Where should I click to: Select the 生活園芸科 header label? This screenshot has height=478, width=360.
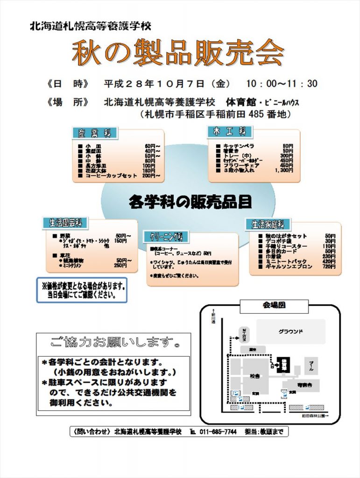66,223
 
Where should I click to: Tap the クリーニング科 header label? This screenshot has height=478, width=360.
166,237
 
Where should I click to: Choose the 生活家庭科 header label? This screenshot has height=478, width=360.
268,224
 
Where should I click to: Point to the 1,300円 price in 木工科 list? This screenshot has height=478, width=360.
284,171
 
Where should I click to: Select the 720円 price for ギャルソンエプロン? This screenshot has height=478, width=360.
329,267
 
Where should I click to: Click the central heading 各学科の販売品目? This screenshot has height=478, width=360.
190,202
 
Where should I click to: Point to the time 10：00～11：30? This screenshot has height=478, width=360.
282,84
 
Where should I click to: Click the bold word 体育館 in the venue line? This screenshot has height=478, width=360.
240,102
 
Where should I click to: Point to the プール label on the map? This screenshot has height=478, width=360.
311,365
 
